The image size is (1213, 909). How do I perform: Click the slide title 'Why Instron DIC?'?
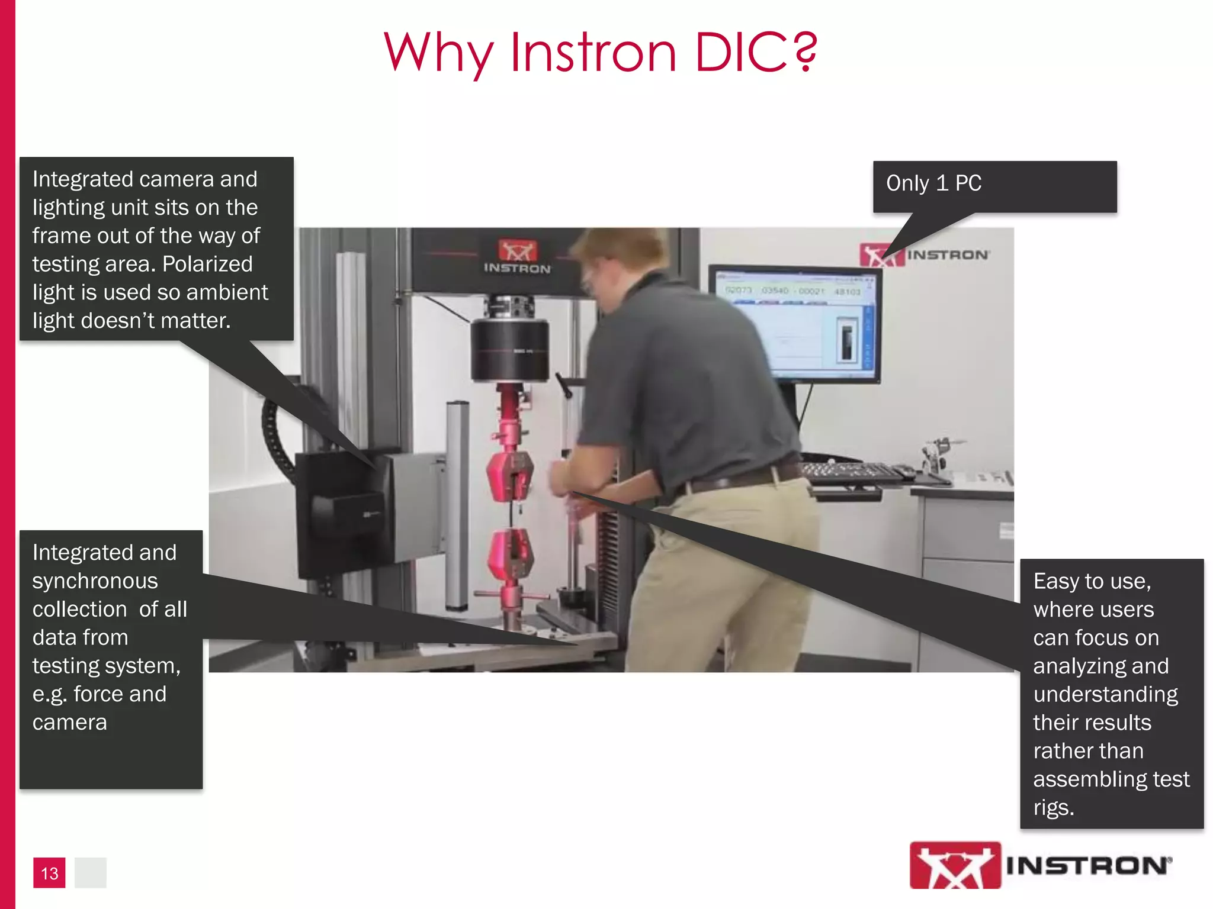pyautogui.click(x=601, y=53)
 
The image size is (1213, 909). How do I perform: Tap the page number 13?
pyautogui.click(x=49, y=873)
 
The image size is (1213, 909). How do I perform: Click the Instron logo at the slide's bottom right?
pyautogui.click(x=1040, y=866)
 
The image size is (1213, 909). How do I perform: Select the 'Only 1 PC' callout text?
pyautogui.click(x=933, y=183)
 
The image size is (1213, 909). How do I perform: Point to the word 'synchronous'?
pyautogui.click(x=95, y=581)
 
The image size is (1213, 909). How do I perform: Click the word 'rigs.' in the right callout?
pyautogui.click(x=1053, y=808)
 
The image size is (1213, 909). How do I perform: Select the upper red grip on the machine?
pyautogui.click(x=509, y=473)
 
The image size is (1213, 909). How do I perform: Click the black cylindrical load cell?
pyautogui.click(x=510, y=349)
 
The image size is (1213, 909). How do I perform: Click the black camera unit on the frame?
pyautogui.click(x=344, y=509)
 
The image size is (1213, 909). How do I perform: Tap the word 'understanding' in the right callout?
pyautogui.click(x=1105, y=695)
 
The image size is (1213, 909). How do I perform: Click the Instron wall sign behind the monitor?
pyautogui.click(x=924, y=255)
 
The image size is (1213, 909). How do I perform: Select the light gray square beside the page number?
pyautogui.click(x=90, y=873)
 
